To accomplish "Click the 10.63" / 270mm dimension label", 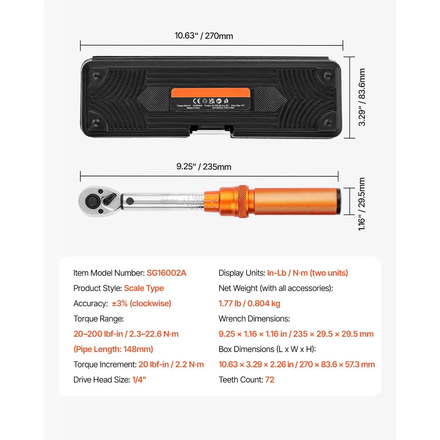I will pyautogui.click(x=203, y=36).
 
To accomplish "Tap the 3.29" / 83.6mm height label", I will pyautogui.click(x=362, y=97).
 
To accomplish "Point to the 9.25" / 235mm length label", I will pyautogui.click(x=203, y=167).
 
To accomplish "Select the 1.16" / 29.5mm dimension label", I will pyautogui.click(x=362, y=204).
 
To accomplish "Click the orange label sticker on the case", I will pyautogui.click(x=210, y=98).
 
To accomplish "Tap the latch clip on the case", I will pyautogui.click(x=210, y=130).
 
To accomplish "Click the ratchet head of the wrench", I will pyautogui.click(x=98, y=201).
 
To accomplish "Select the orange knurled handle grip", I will pyautogui.click(x=295, y=202).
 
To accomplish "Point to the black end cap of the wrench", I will pyautogui.click(x=338, y=202).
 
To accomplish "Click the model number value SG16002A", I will pyautogui.click(x=166, y=273).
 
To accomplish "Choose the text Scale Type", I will pyautogui.click(x=144, y=288).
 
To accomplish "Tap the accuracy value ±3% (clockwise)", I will pyautogui.click(x=142, y=304).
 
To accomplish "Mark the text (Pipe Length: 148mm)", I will pyautogui.click(x=113, y=349).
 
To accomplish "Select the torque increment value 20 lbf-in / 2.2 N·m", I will pyautogui.click(x=171, y=364).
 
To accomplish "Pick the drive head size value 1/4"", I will pyautogui.click(x=139, y=380).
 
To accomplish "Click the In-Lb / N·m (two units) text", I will pyautogui.click(x=307, y=273).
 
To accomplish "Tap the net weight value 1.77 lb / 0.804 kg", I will pyautogui.click(x=249, y=304).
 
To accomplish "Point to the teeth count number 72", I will pyautogui.click(x=269, y=380).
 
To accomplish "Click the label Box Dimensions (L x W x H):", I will pyautogui.click(x=267, y=349).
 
